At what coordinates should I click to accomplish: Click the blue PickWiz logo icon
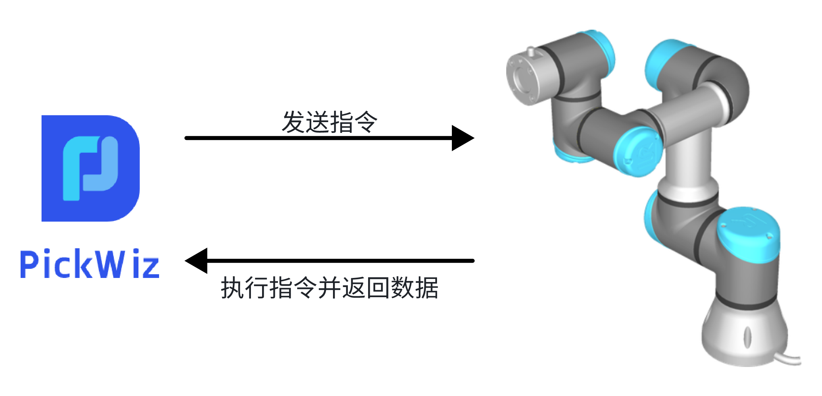click(90, 168)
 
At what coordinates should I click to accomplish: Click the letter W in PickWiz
click(109, 264)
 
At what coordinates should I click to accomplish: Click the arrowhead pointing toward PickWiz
click(197, 261)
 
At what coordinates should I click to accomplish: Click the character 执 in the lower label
click(233, 288)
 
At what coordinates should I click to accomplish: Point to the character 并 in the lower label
click(330, 288)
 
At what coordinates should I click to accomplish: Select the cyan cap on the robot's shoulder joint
click(748, 233)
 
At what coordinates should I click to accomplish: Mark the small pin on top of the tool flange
click(531, 51)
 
